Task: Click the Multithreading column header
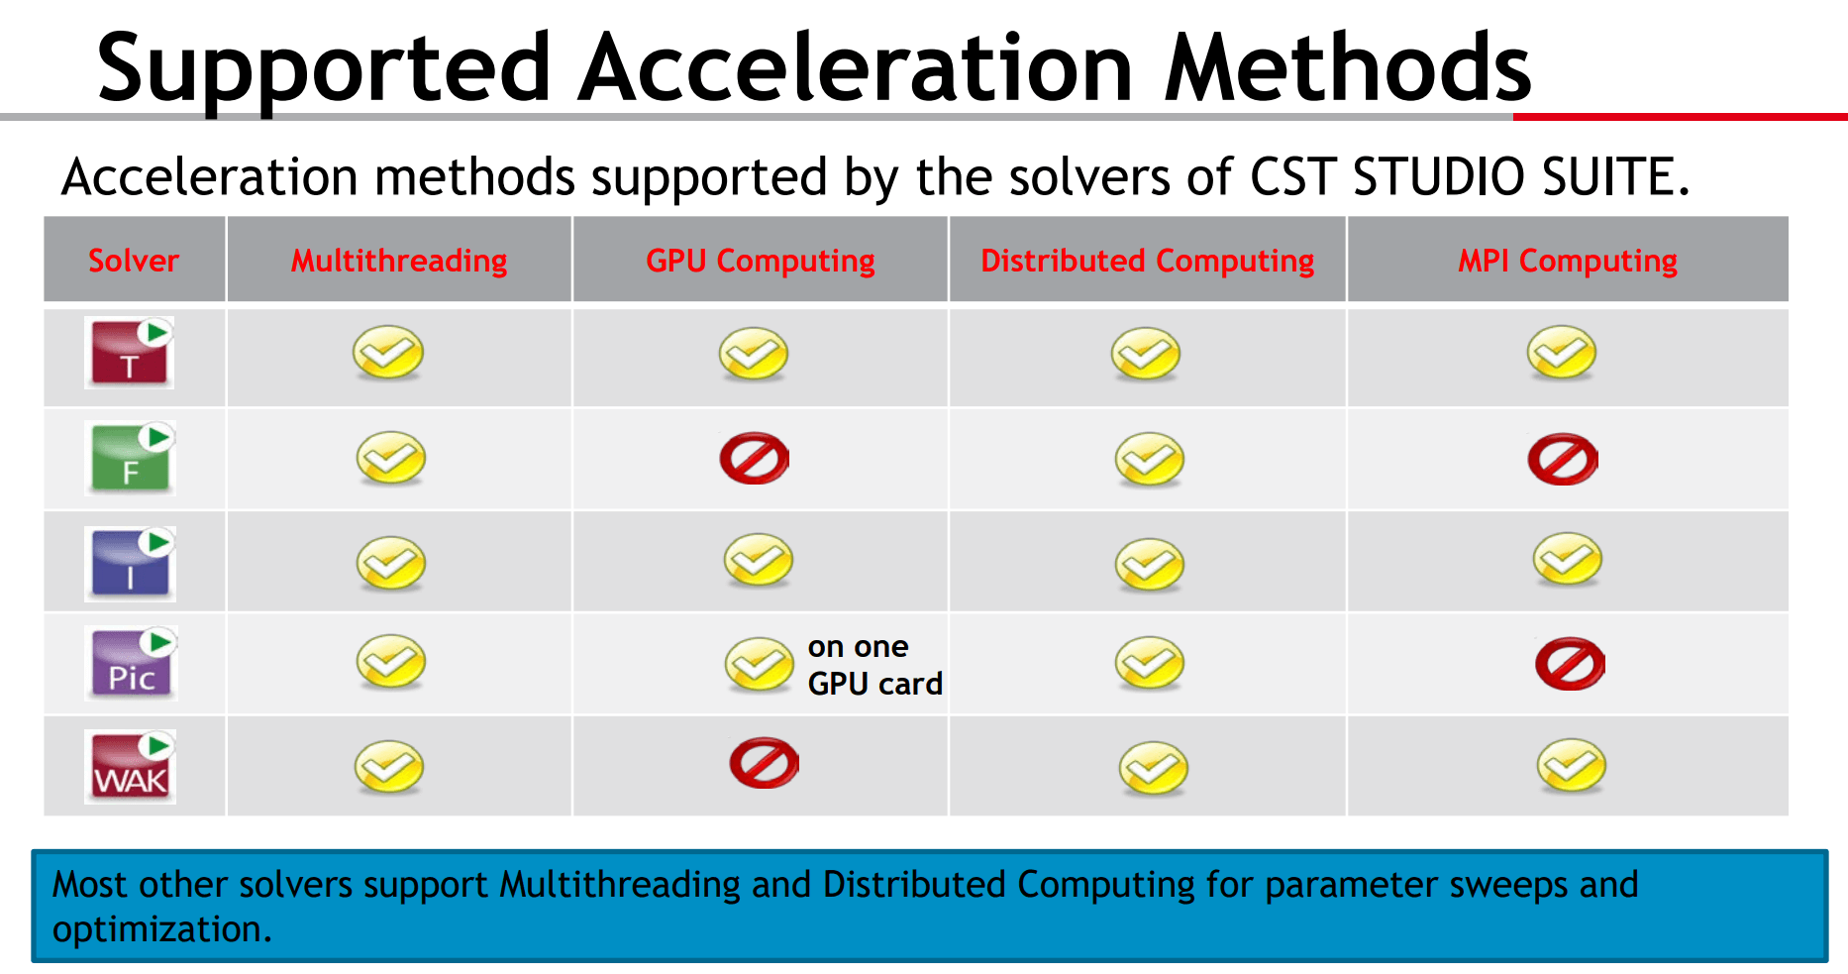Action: click(x=399, y=261)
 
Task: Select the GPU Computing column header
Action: click(x=761, y=261)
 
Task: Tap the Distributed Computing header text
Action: click(x=1148, y=261)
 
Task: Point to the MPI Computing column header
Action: click(x=1568, y=261)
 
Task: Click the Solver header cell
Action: click(x=134, y=261)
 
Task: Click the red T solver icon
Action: click(x=130, y=353)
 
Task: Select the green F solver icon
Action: click(x=131, y=459)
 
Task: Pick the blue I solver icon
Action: click(x=131, y=564)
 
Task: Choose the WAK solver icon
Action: click(x=131, y=767)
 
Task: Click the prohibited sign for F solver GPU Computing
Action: click(x=755, y=458)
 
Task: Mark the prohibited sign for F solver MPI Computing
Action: click(x=1563, y=459)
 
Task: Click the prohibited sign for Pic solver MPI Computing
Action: click(x=1571, y=664)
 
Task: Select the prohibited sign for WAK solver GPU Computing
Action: click(x=764, y=763)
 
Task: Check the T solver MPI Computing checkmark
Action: click(x=1562, y=353)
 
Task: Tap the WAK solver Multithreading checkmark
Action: click(x=389, y=767)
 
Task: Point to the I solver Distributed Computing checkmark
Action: click(x=1150, y=565)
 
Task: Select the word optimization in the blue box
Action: click(x=161, y=929)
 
